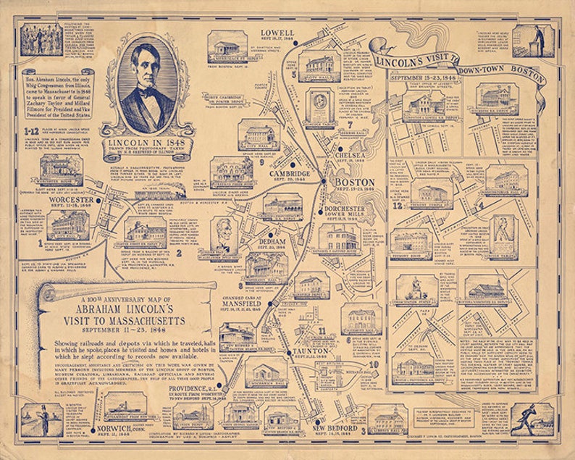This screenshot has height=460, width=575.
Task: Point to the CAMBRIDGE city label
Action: [289, 175]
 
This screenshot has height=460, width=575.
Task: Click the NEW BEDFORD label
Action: [339, 427]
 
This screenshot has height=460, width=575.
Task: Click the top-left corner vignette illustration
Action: [32, 39]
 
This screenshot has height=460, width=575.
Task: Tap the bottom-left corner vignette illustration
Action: [33, 420]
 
